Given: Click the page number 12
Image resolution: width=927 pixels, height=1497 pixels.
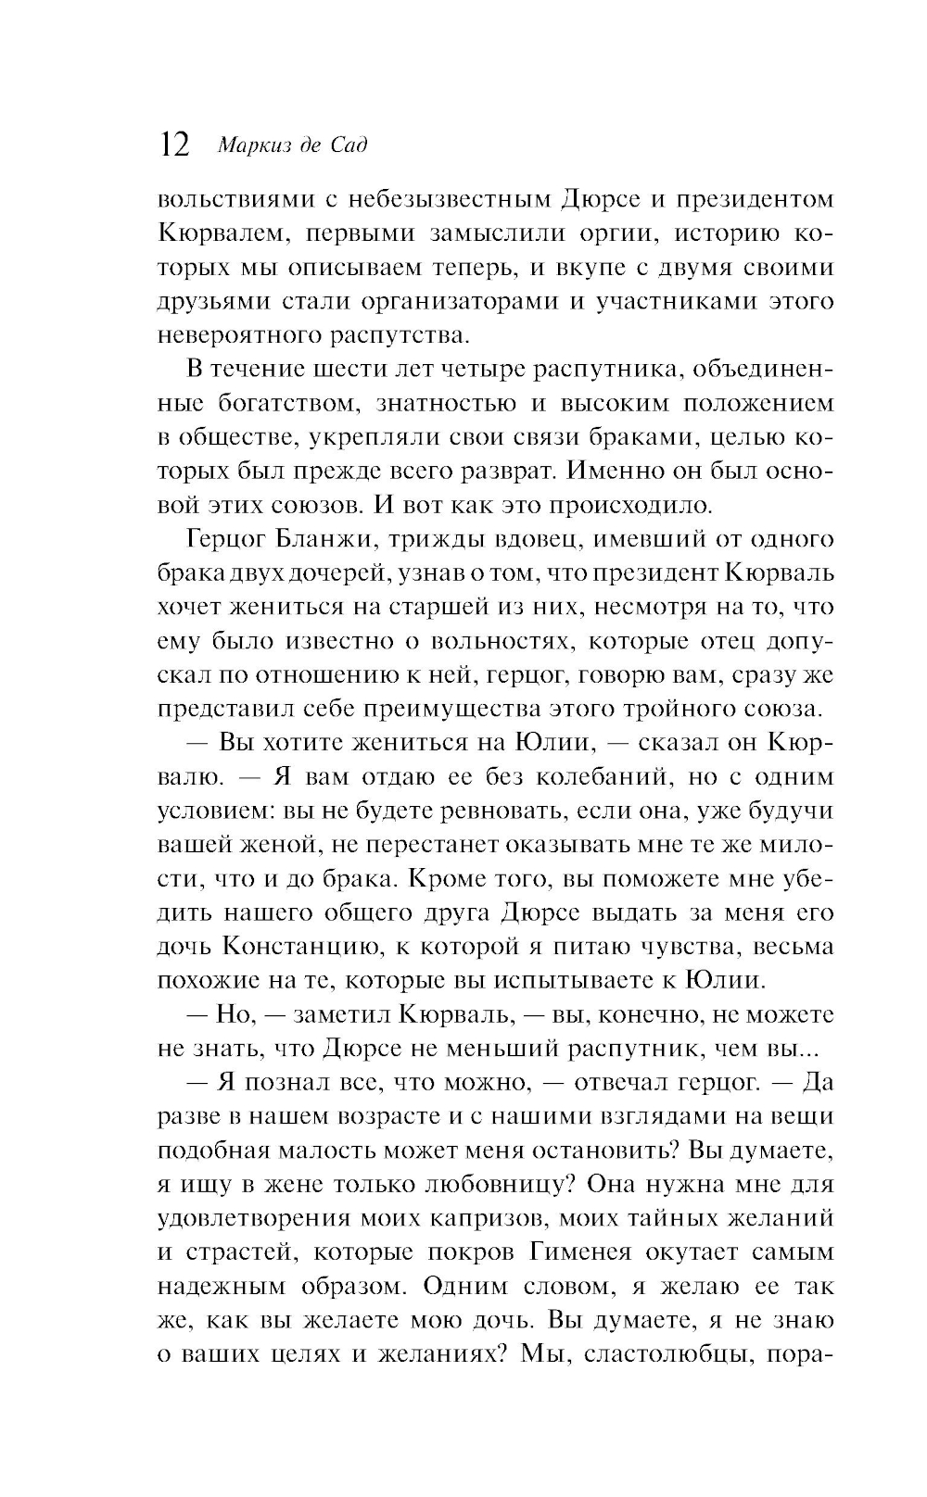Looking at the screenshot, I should pos(174,145).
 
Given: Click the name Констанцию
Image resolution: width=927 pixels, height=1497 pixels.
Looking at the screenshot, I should pos(297,946).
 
